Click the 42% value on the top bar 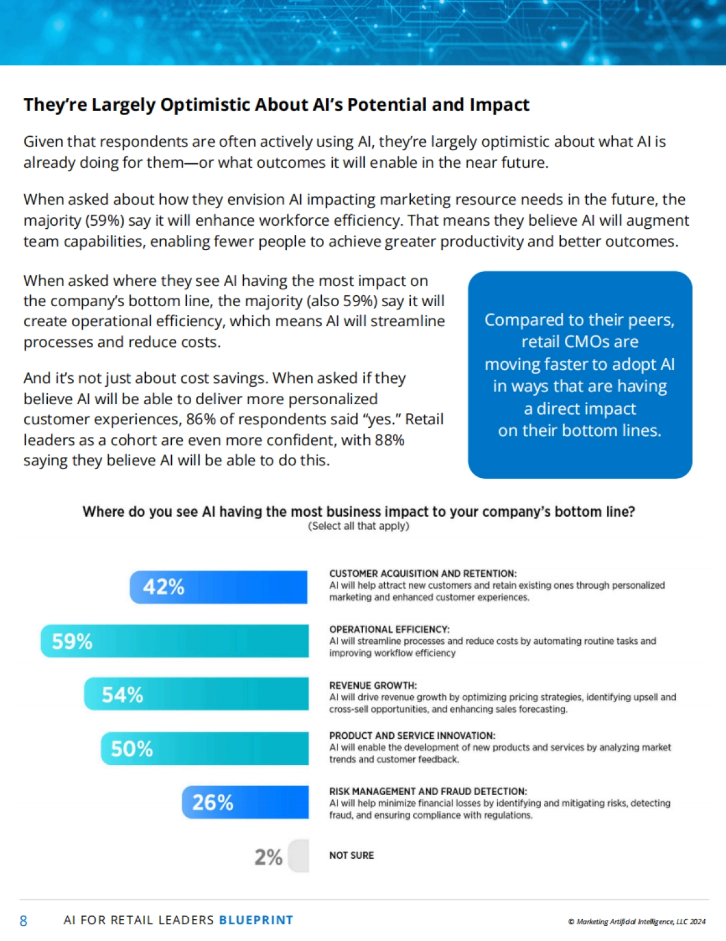pos(163,587)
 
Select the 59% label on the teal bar pos(72,641)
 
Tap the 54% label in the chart pos(122,695)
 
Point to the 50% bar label pos(132,749)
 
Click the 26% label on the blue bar pos(212,803)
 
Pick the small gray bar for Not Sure pos(299,856)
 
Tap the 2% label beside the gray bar pos(268,857)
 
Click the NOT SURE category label pos(352,856)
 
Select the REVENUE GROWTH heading pos(373,686)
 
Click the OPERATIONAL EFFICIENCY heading pos(389,629)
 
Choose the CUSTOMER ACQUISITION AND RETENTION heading pos(422,574)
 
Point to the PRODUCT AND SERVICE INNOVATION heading pos(412,736)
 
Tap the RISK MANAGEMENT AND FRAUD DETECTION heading pos(428,792)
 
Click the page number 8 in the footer pos(24,921)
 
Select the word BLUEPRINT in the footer pos(256,920)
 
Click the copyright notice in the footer pos(636,922)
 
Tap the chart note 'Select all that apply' pos(359,526)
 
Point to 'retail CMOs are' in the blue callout pos(580,342)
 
